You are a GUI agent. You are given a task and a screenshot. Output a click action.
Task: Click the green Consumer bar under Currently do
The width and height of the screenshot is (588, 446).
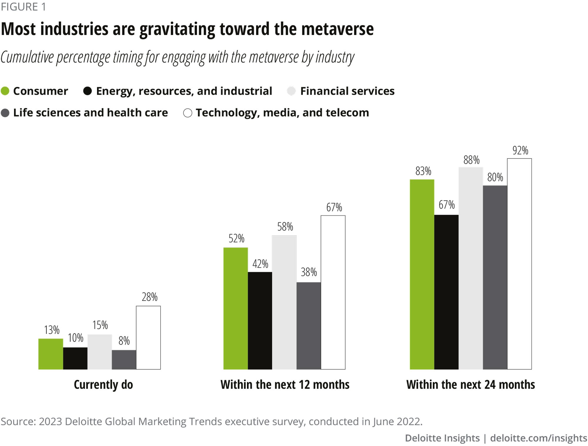pyautogui.click(x=51, y=354)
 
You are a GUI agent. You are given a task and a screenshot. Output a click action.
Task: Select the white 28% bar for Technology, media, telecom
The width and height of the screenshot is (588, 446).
pyautogui.click(x=148, y=337)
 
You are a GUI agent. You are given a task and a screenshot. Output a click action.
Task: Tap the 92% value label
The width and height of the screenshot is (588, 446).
pyautogui.click(x=520, y=151)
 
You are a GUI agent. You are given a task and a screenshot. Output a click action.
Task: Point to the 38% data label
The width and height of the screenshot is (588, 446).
pyautogui.click(x=309, y=272)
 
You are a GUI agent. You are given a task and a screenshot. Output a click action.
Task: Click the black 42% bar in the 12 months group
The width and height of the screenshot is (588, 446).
pyautogui.click(x=260, y=320)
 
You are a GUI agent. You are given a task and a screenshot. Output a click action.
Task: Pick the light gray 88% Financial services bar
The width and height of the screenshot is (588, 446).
pyautogui.click(x=471, y=268)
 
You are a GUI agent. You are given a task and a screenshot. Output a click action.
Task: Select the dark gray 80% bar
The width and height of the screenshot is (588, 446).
pyautogui.click(x=495, y=277)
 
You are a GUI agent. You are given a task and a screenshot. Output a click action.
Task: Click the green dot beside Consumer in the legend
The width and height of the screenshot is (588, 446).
pyautogui.click(x=5, y=91)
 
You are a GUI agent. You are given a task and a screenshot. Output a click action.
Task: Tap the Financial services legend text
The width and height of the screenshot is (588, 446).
pyautogui.click(x=347, y=91)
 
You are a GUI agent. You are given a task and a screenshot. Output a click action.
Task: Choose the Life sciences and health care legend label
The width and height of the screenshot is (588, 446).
pyautogui.click(x=91, y=113)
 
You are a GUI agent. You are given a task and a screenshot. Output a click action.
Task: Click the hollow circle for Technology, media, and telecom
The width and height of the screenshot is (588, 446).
pyautogui.click(x=188, y=113)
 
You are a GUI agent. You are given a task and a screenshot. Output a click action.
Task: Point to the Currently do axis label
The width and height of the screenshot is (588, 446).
pyautogui.click(x=103, y=385)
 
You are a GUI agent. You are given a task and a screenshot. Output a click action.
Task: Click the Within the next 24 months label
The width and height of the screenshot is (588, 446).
pyautogui.click(x=470, y=385)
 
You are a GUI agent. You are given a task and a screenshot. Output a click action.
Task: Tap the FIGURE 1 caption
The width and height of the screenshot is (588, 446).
pyautogui.click(x=24, y=7)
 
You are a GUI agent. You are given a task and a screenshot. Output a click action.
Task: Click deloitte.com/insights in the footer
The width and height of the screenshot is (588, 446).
pyautogui.click(x=539, y=438)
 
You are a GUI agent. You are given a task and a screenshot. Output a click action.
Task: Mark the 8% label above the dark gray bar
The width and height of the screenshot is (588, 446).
pyautogui.click(x=124, y=341)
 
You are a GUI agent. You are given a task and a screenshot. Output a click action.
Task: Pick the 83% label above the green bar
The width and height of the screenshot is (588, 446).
pyautogui.click(x=423, y=171)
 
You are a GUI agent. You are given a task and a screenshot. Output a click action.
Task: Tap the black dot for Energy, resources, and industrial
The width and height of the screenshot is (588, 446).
pyautogui.click(x=87, y=91)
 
